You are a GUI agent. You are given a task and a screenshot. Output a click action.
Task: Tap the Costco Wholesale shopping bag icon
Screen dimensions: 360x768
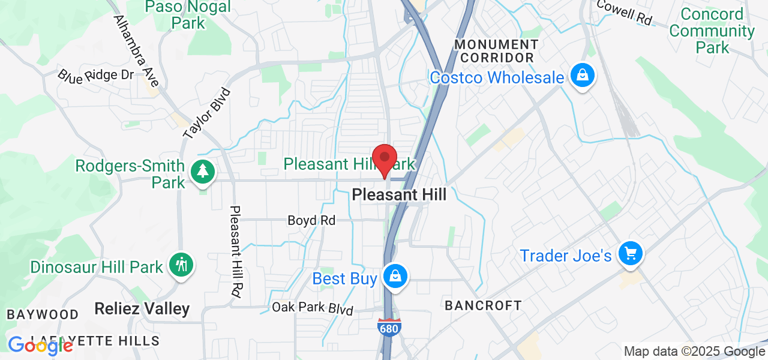click(582, 76)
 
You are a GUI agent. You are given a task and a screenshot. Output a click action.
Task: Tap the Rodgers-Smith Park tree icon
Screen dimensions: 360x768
click(203, 172)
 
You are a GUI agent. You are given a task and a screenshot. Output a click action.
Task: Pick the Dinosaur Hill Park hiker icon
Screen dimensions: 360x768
click(180, 265)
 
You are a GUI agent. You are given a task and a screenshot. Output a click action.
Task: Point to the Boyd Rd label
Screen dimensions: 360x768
click(311, 221)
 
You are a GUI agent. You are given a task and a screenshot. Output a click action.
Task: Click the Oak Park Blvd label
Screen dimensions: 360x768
click(313, 308)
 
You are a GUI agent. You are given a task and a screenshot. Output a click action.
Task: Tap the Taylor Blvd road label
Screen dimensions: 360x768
click(208, 114)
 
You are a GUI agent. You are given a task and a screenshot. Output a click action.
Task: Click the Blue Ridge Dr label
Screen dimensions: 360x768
click(96, 75)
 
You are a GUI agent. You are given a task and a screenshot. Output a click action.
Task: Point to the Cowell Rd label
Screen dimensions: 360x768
click(625, 12)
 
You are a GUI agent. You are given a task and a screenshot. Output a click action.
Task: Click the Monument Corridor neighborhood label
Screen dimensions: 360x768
click(496, 51)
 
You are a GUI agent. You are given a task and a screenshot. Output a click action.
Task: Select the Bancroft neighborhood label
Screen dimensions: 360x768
click(483, 305)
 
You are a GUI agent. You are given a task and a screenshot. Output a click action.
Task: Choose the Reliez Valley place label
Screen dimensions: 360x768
click(142, 309)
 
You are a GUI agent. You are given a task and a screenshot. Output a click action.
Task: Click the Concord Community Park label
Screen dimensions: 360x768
click(712, 31)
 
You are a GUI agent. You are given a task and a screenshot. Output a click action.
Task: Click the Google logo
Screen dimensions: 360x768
click(40, 346)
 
